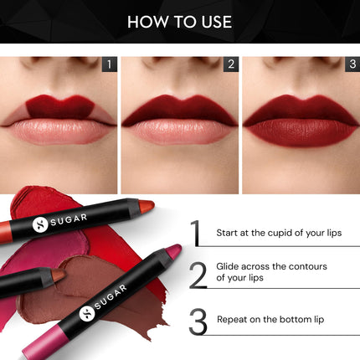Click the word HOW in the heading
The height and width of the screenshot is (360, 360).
146,22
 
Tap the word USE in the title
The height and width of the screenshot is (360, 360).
213,22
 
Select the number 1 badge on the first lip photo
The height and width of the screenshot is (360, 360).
107,64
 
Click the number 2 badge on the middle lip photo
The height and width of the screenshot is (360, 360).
229,64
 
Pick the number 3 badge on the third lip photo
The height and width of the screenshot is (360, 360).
352,64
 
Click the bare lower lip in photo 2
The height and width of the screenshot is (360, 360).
179,131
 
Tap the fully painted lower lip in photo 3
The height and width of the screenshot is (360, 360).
301,134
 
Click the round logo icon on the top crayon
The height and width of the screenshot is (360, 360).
39,224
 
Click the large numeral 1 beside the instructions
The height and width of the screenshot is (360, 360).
195,233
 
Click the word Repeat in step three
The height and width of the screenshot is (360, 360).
233,319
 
